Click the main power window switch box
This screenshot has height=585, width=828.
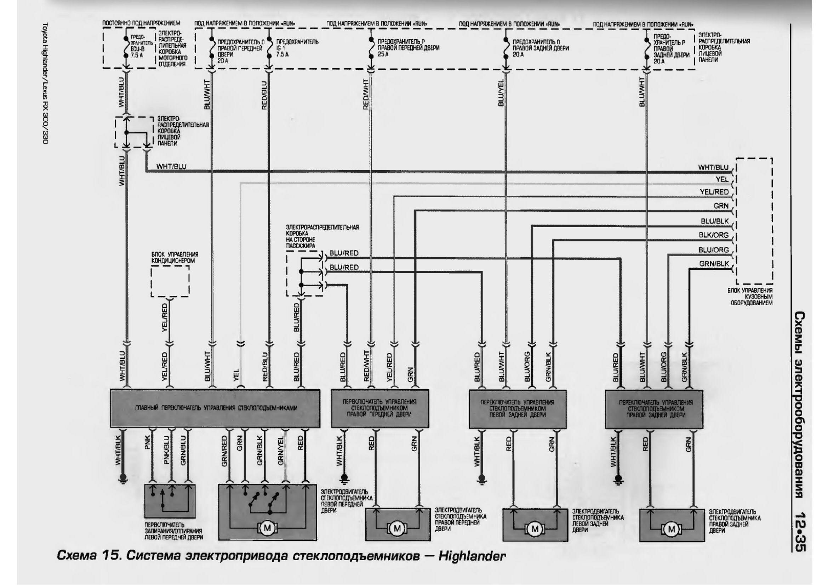click(x=215, y=408)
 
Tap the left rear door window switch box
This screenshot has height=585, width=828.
click(x=517, y=408)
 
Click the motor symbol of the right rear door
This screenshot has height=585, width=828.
click(x=672, y=529)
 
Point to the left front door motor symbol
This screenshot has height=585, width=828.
click(x=267, y=528)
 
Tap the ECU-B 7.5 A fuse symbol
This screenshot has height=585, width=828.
click(x=126, y=47)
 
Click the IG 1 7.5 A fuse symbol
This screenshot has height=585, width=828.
click(x=268, y=47)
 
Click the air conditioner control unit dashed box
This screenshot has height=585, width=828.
click(x=170, y=281)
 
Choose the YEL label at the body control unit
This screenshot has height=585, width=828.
click(x=721, y=179)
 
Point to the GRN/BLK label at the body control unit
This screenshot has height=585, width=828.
click(x=714, y=264)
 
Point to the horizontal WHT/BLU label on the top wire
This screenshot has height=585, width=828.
click(x=171, y=167)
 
